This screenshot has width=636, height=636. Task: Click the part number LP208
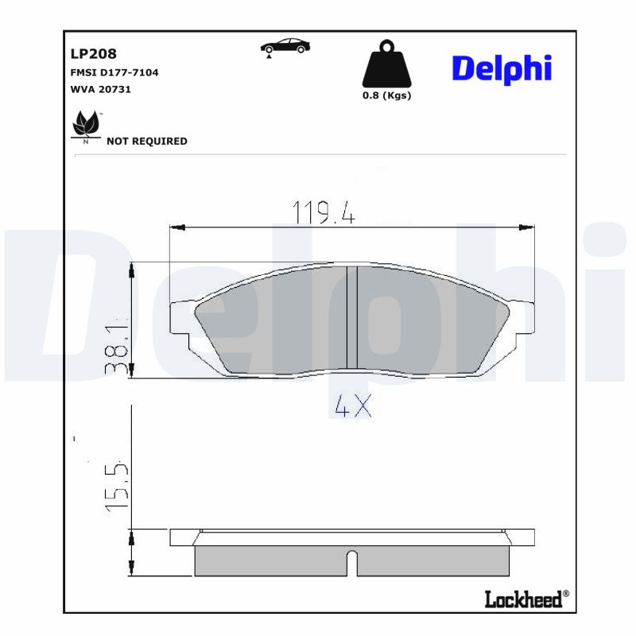coord(94,54)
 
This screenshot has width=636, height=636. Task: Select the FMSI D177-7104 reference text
coord(114,72)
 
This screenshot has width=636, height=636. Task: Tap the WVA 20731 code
coord(101,89)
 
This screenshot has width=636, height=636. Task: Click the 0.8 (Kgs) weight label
coord(386,95)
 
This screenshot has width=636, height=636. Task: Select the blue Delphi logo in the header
coord(501,68)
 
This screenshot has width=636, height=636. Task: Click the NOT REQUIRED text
coord(147,141)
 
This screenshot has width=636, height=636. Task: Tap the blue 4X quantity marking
coord(352,407)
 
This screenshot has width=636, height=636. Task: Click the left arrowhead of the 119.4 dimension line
coord(177,228)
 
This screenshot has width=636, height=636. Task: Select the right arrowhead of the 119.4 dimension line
coord(526,228)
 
